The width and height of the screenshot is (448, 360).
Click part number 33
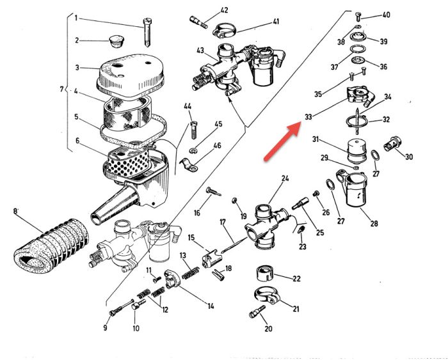click(x=308, y=117)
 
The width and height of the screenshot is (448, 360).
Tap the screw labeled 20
click(x=255, y=314)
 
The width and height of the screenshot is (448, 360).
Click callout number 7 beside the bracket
click(x=61, y=89)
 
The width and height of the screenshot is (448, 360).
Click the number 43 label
click(x=200, y=51)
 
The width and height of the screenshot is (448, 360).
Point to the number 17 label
click(x=223, y=223)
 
